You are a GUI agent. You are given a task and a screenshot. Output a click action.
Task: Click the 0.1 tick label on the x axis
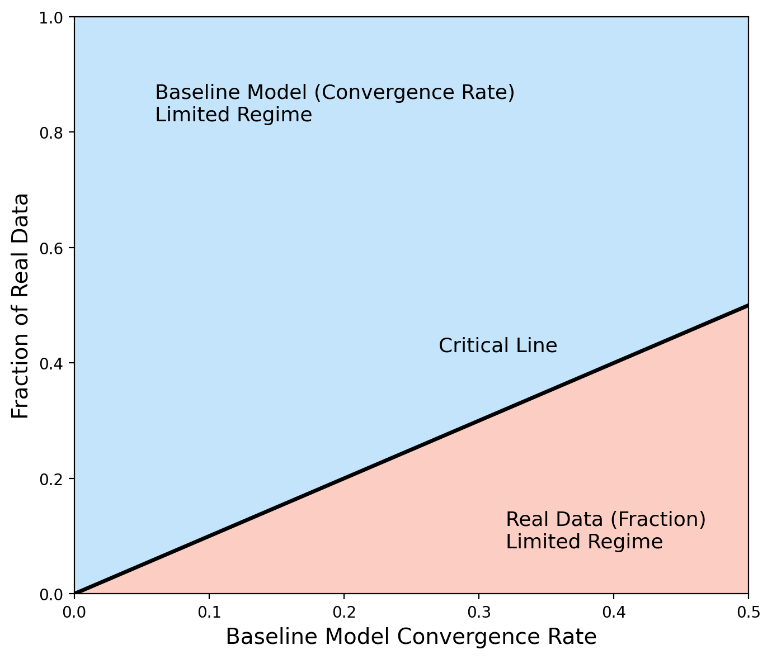pyautogui.click(x=209, y=613)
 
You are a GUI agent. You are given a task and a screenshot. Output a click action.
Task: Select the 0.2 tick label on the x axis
pyautogui.click(x=344, y=613)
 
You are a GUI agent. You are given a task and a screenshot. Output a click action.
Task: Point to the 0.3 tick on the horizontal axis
pyautogui.click(x=479, y=613)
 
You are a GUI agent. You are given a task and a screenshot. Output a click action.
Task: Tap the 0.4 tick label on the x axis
pyautogui.click(x=614, y=613)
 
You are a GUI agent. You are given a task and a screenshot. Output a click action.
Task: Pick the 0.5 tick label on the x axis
pyautogui.click(x=748, y=613)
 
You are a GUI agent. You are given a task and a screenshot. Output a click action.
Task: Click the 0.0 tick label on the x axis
pyautogui.click(x=74, y=613)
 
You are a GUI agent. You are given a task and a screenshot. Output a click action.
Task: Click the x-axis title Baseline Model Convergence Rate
pyautogui.click(x=411, y=637)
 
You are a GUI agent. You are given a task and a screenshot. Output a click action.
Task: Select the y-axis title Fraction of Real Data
pyautogui.click(x=21, y=306)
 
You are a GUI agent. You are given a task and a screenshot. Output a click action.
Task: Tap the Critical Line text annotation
pyautogui.click(x=498, y=346)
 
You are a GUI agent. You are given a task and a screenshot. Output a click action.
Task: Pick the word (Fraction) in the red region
pyautogui.click(x=657, y=520)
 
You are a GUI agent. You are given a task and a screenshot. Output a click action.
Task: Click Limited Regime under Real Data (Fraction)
pyautogui.click(x=584, y=542)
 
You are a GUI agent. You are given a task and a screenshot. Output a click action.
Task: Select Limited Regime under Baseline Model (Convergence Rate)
pyautogui.click(x=233, y=115)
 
